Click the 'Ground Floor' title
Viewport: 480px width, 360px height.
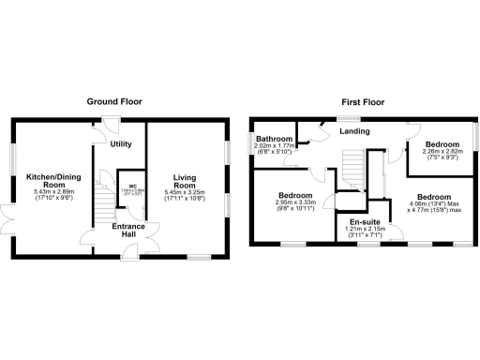tap(120, 100)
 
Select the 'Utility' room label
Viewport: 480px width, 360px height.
tap(120, 144)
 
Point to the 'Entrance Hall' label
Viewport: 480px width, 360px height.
tap(128, 232)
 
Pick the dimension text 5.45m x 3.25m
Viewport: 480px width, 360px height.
tap(184, 194)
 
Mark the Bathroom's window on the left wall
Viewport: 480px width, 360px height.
tap(250, 144)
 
